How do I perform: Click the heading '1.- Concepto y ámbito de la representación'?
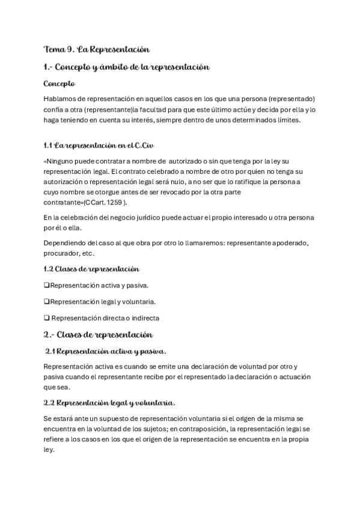point(126,67)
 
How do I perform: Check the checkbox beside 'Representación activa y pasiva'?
point(47,285)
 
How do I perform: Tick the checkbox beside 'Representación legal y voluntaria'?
point(47,301)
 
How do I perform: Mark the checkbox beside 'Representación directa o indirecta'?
point(47,318)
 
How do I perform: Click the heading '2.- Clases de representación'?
point(99,334)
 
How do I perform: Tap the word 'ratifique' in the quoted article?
point(243,182)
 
